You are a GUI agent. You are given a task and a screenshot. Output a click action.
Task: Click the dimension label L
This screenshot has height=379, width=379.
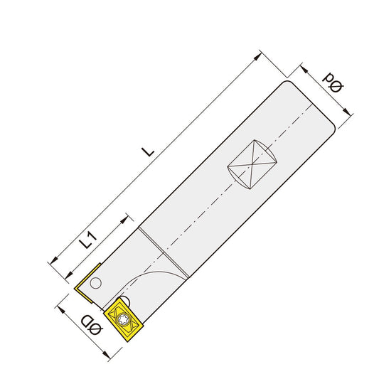pyautogui.click(x=147, y=151)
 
